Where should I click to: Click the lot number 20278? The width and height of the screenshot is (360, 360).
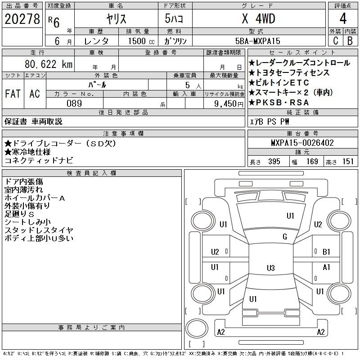tap(22, 19)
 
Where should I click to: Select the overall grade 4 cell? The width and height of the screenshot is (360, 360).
tap(343, 18)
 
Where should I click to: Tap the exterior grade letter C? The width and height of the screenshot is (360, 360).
tap(335, 40)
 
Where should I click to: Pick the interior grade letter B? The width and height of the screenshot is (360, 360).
tap(350, 40)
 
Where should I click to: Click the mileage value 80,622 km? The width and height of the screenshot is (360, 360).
tap(49, 64)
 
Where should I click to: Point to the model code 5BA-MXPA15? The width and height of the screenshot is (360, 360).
tap(258, 41)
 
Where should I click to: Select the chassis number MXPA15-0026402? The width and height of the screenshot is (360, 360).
tap(302, 143)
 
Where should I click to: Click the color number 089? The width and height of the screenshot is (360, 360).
tap(74, 103)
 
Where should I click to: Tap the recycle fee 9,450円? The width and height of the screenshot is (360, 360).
tap(229, 104)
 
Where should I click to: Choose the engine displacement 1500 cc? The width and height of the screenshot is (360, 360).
tap(141, 41)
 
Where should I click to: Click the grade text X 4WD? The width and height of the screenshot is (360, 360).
tap(258, 18)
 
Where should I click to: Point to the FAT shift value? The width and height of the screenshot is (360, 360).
tap(13, 94)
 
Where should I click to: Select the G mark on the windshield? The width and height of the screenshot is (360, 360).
tap(285, 237)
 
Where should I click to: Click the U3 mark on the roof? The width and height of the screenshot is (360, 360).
tap(271, 268)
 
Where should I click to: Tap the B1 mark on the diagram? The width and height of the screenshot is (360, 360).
tap(326, 252)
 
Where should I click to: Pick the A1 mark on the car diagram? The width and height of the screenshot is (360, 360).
tap(326, 267)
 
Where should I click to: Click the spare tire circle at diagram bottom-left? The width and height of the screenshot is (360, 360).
tap(197, 328)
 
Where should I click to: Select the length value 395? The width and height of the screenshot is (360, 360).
tap(274, 162)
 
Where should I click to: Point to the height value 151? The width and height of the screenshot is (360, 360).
tap(348, 162)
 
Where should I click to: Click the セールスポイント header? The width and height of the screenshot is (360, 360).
tap(302, 53)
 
